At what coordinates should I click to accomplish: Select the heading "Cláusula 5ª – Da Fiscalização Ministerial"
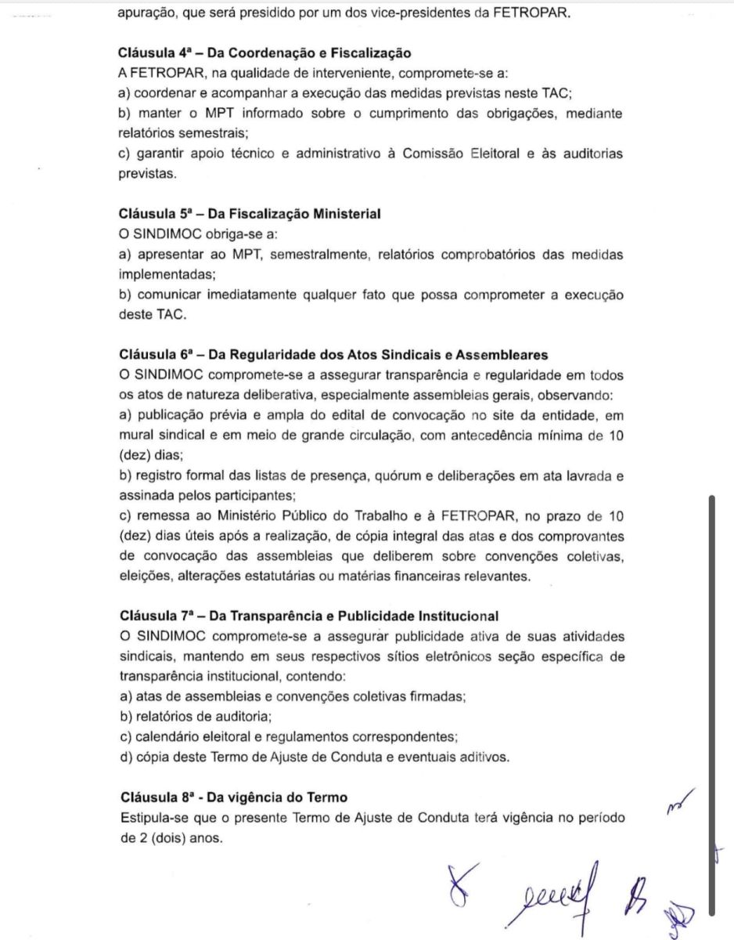click(x=250, y=213)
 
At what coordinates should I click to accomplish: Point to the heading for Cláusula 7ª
click(x=309, y=616)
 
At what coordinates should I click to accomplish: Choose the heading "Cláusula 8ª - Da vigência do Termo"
click(x=234, y=797)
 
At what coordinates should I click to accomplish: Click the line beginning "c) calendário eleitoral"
click(x=289, y=736)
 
